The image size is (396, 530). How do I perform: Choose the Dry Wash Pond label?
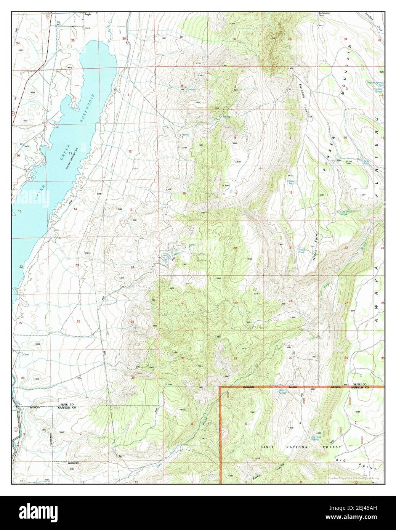click(341, 213)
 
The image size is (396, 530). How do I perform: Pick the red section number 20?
click(235, 248)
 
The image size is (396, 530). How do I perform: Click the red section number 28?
click(291, 301)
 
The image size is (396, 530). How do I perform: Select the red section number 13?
click(131, 210)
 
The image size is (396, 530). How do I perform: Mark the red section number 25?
click(132, 322)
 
